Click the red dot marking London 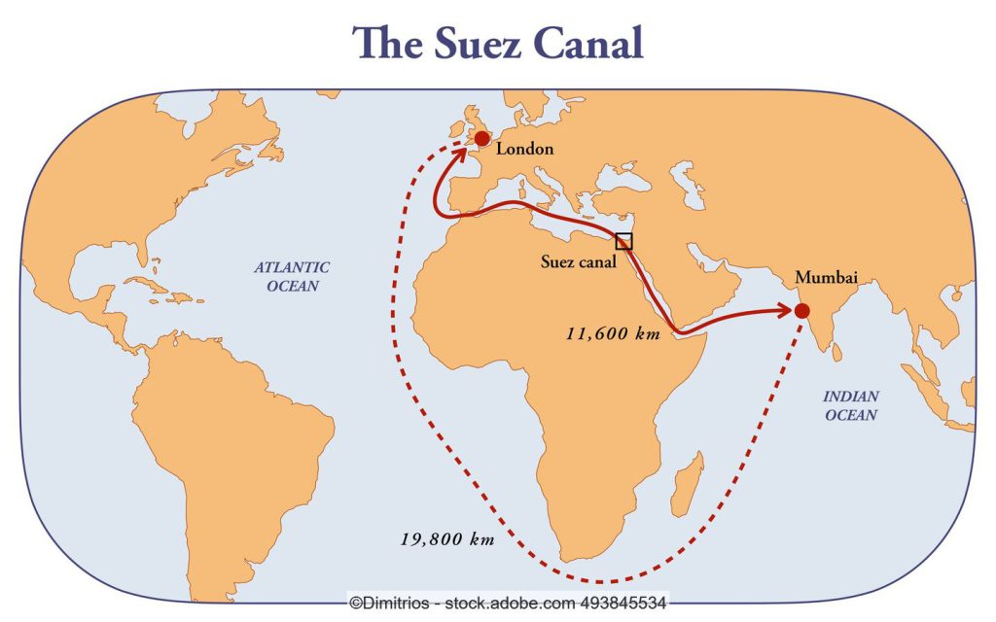[480, 139]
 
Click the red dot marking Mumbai [801, 311]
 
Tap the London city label [524, 150]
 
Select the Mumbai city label [827, 278]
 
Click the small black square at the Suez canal [623, 242]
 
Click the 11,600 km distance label [613, 333]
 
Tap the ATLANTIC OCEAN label [292, 276]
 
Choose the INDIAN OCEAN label [851, 406]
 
